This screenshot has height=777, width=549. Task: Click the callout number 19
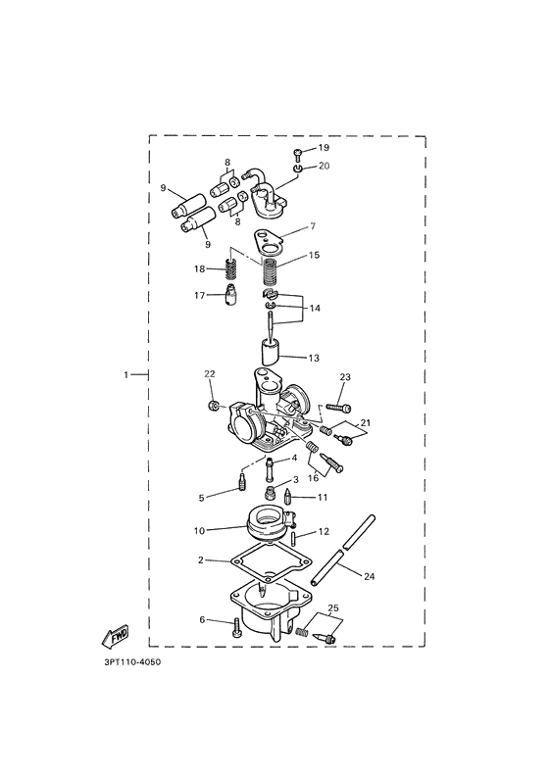324,148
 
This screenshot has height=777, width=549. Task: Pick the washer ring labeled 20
298,168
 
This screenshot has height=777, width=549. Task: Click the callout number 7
313,226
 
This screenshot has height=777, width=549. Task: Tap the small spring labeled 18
232,267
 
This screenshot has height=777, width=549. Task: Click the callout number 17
200,294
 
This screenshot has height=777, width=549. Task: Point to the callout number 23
344,377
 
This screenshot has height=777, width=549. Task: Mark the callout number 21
366,422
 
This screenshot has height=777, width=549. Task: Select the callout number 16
314,479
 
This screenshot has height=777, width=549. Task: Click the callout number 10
199,530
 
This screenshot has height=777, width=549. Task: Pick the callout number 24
369,577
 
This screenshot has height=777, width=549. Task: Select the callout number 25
335,608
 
